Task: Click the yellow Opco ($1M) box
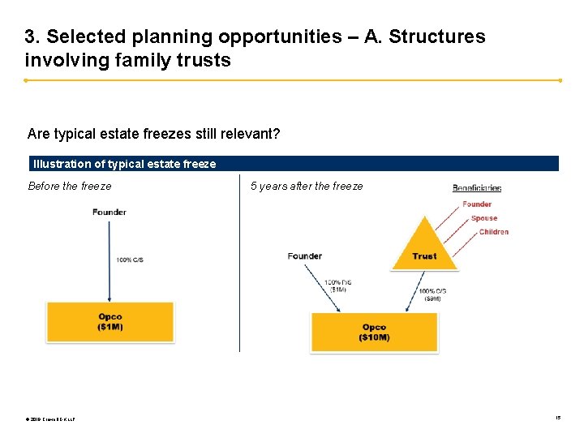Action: click(110, 321)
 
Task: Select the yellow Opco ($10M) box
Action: click(374, 332)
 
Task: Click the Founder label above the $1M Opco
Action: click(109, 213)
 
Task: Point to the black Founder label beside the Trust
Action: click(304, 256)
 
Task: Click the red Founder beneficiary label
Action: click(477, 204)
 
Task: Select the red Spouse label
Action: click(484, 218)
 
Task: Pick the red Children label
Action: click(494, 232)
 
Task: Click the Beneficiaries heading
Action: click(477, 188)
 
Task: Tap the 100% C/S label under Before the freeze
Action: click(130, 260)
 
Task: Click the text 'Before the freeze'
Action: click(70, 187)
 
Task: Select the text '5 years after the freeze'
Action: click(307, 187)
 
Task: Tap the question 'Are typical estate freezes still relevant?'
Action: click(154, 133)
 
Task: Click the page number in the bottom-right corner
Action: click(558, 418)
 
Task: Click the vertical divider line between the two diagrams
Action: click(239, 268)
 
